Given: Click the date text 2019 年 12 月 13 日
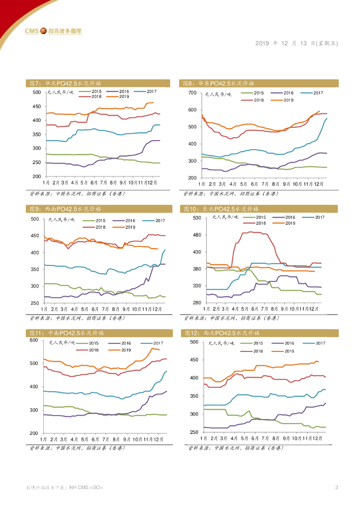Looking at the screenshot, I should [296, 43].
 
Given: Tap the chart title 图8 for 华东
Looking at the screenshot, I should [219, 83].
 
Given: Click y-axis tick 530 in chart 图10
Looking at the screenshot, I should [196, 218].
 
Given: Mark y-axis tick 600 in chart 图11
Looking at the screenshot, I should [34, 340].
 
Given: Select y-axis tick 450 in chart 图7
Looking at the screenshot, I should [37, 106].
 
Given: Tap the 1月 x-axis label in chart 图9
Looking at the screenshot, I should [46, 308].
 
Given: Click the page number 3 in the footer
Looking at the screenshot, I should [337, 487].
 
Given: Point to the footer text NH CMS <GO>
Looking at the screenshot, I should [86, 488].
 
